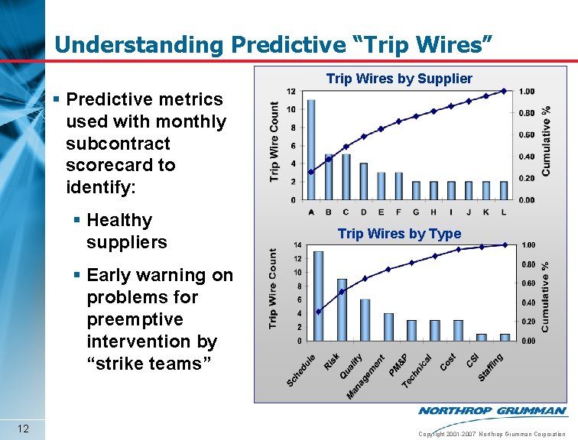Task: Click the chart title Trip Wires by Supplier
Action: (x=399, y=79)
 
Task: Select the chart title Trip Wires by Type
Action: (x=399, y=234)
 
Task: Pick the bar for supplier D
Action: (x=364, y=181)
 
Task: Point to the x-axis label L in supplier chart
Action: (x=503, y=212)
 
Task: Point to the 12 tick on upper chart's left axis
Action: (x=291, y=92)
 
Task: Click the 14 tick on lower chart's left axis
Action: (x=297, y=245)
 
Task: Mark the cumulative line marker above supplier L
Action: (x=504, y=91)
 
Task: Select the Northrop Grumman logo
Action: (x=492, y=411)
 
